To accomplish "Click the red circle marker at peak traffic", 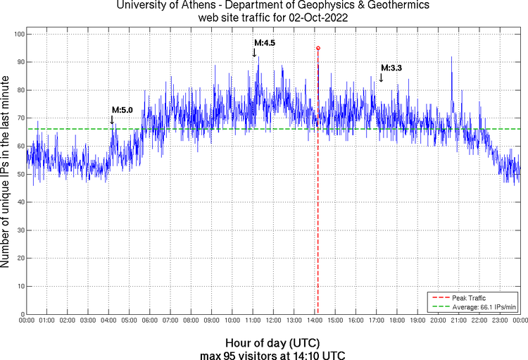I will [318, 48].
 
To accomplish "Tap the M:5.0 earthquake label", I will [122, 110].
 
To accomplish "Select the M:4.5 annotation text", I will [265, 43].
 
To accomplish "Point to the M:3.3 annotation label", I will [391, 68].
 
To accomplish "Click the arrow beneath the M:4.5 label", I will [254, 52].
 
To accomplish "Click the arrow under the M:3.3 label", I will [381, 77].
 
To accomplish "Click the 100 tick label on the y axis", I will [18, 35].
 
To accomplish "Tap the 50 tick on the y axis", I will [20, 174].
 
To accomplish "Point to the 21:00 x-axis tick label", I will [459, 321].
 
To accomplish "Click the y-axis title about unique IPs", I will [6, 173].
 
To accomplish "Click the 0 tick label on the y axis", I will [22, 314].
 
